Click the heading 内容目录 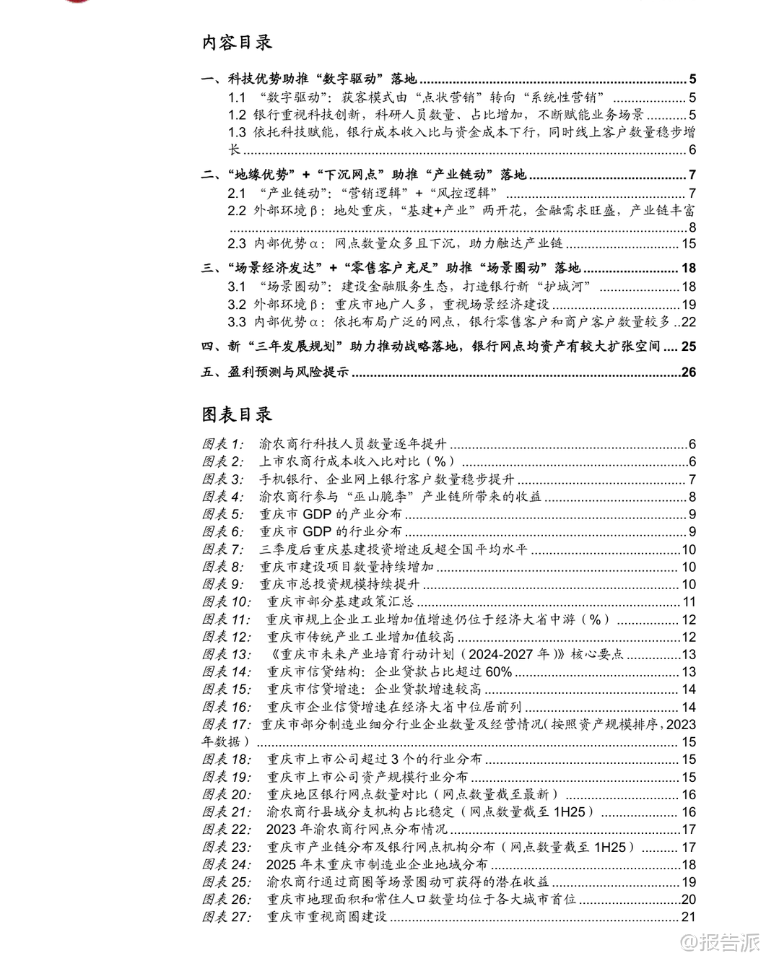tap(237, 43)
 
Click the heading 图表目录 tap(237, 414)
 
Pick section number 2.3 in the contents tap(238, 244)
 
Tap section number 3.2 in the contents tap(238, 305)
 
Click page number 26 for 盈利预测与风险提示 tap(688, 373)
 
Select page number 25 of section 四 tap(688, 347)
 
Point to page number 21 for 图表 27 tap(688, 917)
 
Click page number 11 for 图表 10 tap(689, 602)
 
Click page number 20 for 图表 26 tap(688, 900)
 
